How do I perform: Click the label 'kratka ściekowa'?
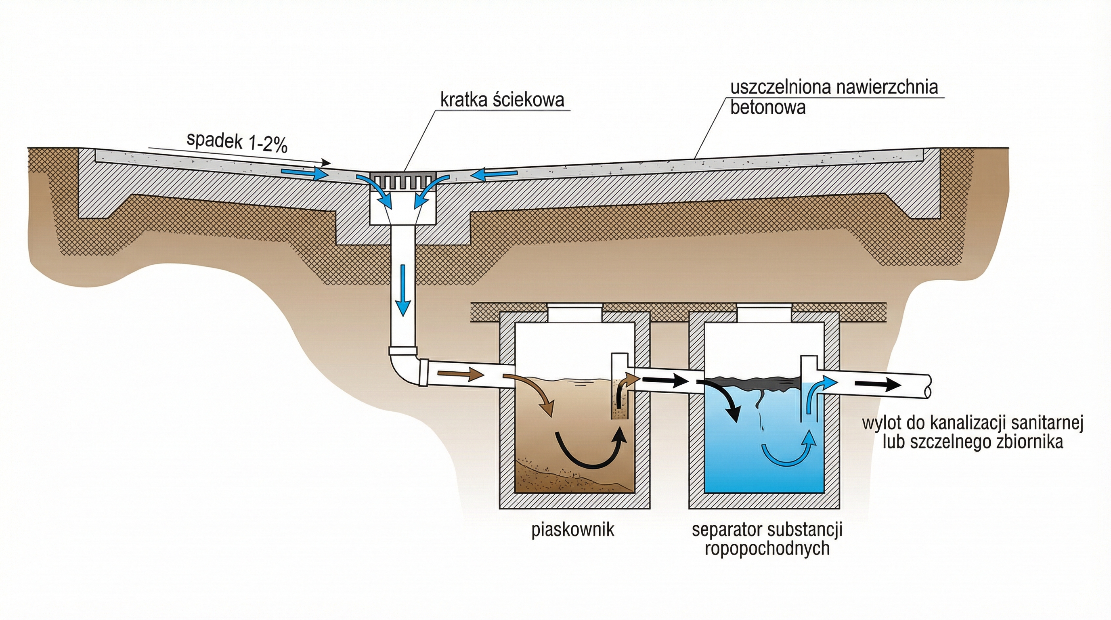pos(501,100)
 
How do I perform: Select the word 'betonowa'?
pos(767,107)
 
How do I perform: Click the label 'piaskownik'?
pos(572,530)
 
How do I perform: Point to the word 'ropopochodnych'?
pos(767,549)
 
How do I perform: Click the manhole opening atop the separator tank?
pos(764,313)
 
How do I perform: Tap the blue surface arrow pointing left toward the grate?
pos(494,174)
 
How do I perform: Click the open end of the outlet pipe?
pos(928,386)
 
